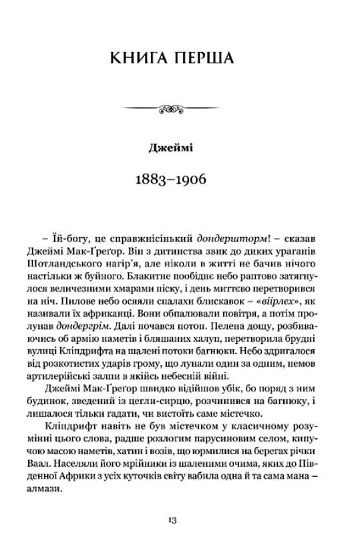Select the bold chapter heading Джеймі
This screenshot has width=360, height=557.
tap(170, 148)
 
